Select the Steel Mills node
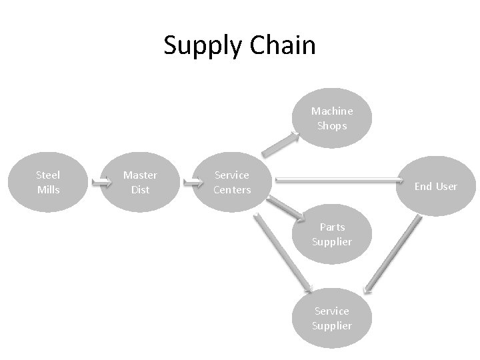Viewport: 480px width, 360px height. (x=48, y=182)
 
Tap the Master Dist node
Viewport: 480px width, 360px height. (x=140, y=182)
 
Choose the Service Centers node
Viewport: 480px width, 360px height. (x=232, y=182)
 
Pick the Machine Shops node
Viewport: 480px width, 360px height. (x=332, y=118)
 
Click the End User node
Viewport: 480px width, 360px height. (x=435, y=186)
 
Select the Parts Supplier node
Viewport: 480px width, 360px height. (x=332, y=234)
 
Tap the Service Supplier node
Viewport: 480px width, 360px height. (x=331, y=318)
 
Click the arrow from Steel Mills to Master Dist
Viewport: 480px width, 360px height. (x=101, y=181)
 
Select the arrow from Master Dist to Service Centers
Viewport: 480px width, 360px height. (x=193, y=181)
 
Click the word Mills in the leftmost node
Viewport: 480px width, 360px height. (x=48, y=189)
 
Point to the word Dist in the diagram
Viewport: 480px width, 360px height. (x=140, y=189)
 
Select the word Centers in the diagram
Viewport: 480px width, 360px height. (x=232, y=189)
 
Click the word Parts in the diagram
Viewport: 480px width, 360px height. (x=332, y=227)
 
